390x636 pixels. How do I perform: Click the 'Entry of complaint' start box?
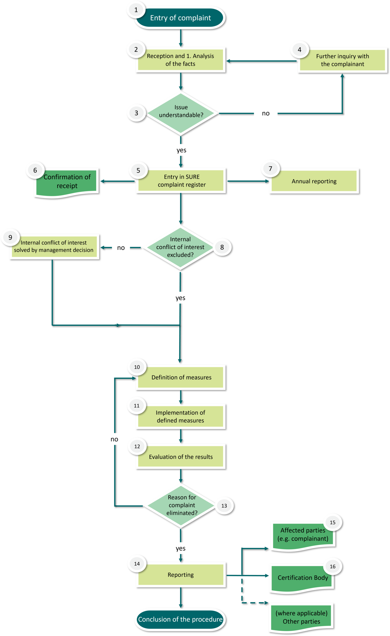(x=180, y=18)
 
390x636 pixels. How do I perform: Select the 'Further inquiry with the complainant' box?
(x=342, y=60)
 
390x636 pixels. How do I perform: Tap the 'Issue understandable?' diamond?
(x=181, y=113)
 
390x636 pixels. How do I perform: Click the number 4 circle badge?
(x=300, y=50)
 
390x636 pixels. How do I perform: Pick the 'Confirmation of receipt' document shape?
(x=67, y=182)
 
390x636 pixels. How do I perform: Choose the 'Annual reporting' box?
(x=314, y=181)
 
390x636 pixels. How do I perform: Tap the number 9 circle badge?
(x=10, y=237)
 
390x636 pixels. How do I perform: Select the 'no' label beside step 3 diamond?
(x=266, y=113)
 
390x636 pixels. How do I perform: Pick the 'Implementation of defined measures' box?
(x=180, y=416)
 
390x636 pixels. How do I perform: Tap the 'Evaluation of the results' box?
(x=181, y=456)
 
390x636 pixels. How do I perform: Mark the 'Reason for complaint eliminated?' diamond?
(x=181, y=505)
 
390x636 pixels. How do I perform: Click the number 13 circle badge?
(x=224, y=505)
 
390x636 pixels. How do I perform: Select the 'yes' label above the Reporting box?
(x=180, y=548)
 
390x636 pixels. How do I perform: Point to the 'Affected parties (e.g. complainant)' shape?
(x=303, y=534)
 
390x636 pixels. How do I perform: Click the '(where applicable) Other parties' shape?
(x=301, y=617)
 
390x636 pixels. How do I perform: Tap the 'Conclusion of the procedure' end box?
(x=180, y=619)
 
